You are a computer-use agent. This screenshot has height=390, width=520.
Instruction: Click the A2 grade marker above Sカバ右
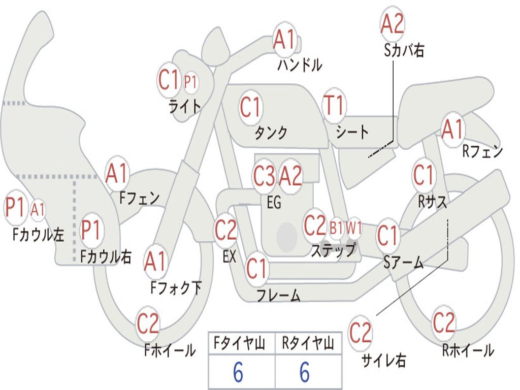pos(393,23)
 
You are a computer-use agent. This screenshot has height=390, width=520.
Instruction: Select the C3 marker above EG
pos(264,176)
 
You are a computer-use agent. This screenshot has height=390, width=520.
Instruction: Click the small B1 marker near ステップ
pos(336,228)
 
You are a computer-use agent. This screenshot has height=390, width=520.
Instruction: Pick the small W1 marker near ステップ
pos(353,228)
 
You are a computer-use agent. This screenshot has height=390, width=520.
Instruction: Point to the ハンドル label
pos(300,64)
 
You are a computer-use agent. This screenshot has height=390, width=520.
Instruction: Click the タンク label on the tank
pos(271,133)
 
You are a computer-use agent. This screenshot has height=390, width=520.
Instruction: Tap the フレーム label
pos(279,295)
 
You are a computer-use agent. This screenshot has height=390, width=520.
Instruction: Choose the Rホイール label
pos(468,350)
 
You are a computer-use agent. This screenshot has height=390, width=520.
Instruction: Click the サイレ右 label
pos(384,360)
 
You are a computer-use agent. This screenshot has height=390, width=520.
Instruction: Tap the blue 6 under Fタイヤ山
pos(238,372)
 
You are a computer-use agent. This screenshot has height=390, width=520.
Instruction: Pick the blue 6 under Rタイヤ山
pos(305,372)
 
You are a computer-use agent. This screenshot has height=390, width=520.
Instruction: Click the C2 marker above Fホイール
pos(148,323)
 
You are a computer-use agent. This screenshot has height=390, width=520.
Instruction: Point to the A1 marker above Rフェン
pos(452,129)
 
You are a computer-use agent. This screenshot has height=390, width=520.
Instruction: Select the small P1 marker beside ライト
pos(190,82)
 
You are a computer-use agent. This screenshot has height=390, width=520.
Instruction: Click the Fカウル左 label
pos(38,235)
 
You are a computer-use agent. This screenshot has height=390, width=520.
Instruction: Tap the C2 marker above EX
pos(226,230)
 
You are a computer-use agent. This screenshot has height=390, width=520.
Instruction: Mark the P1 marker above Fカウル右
pos(91,230)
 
